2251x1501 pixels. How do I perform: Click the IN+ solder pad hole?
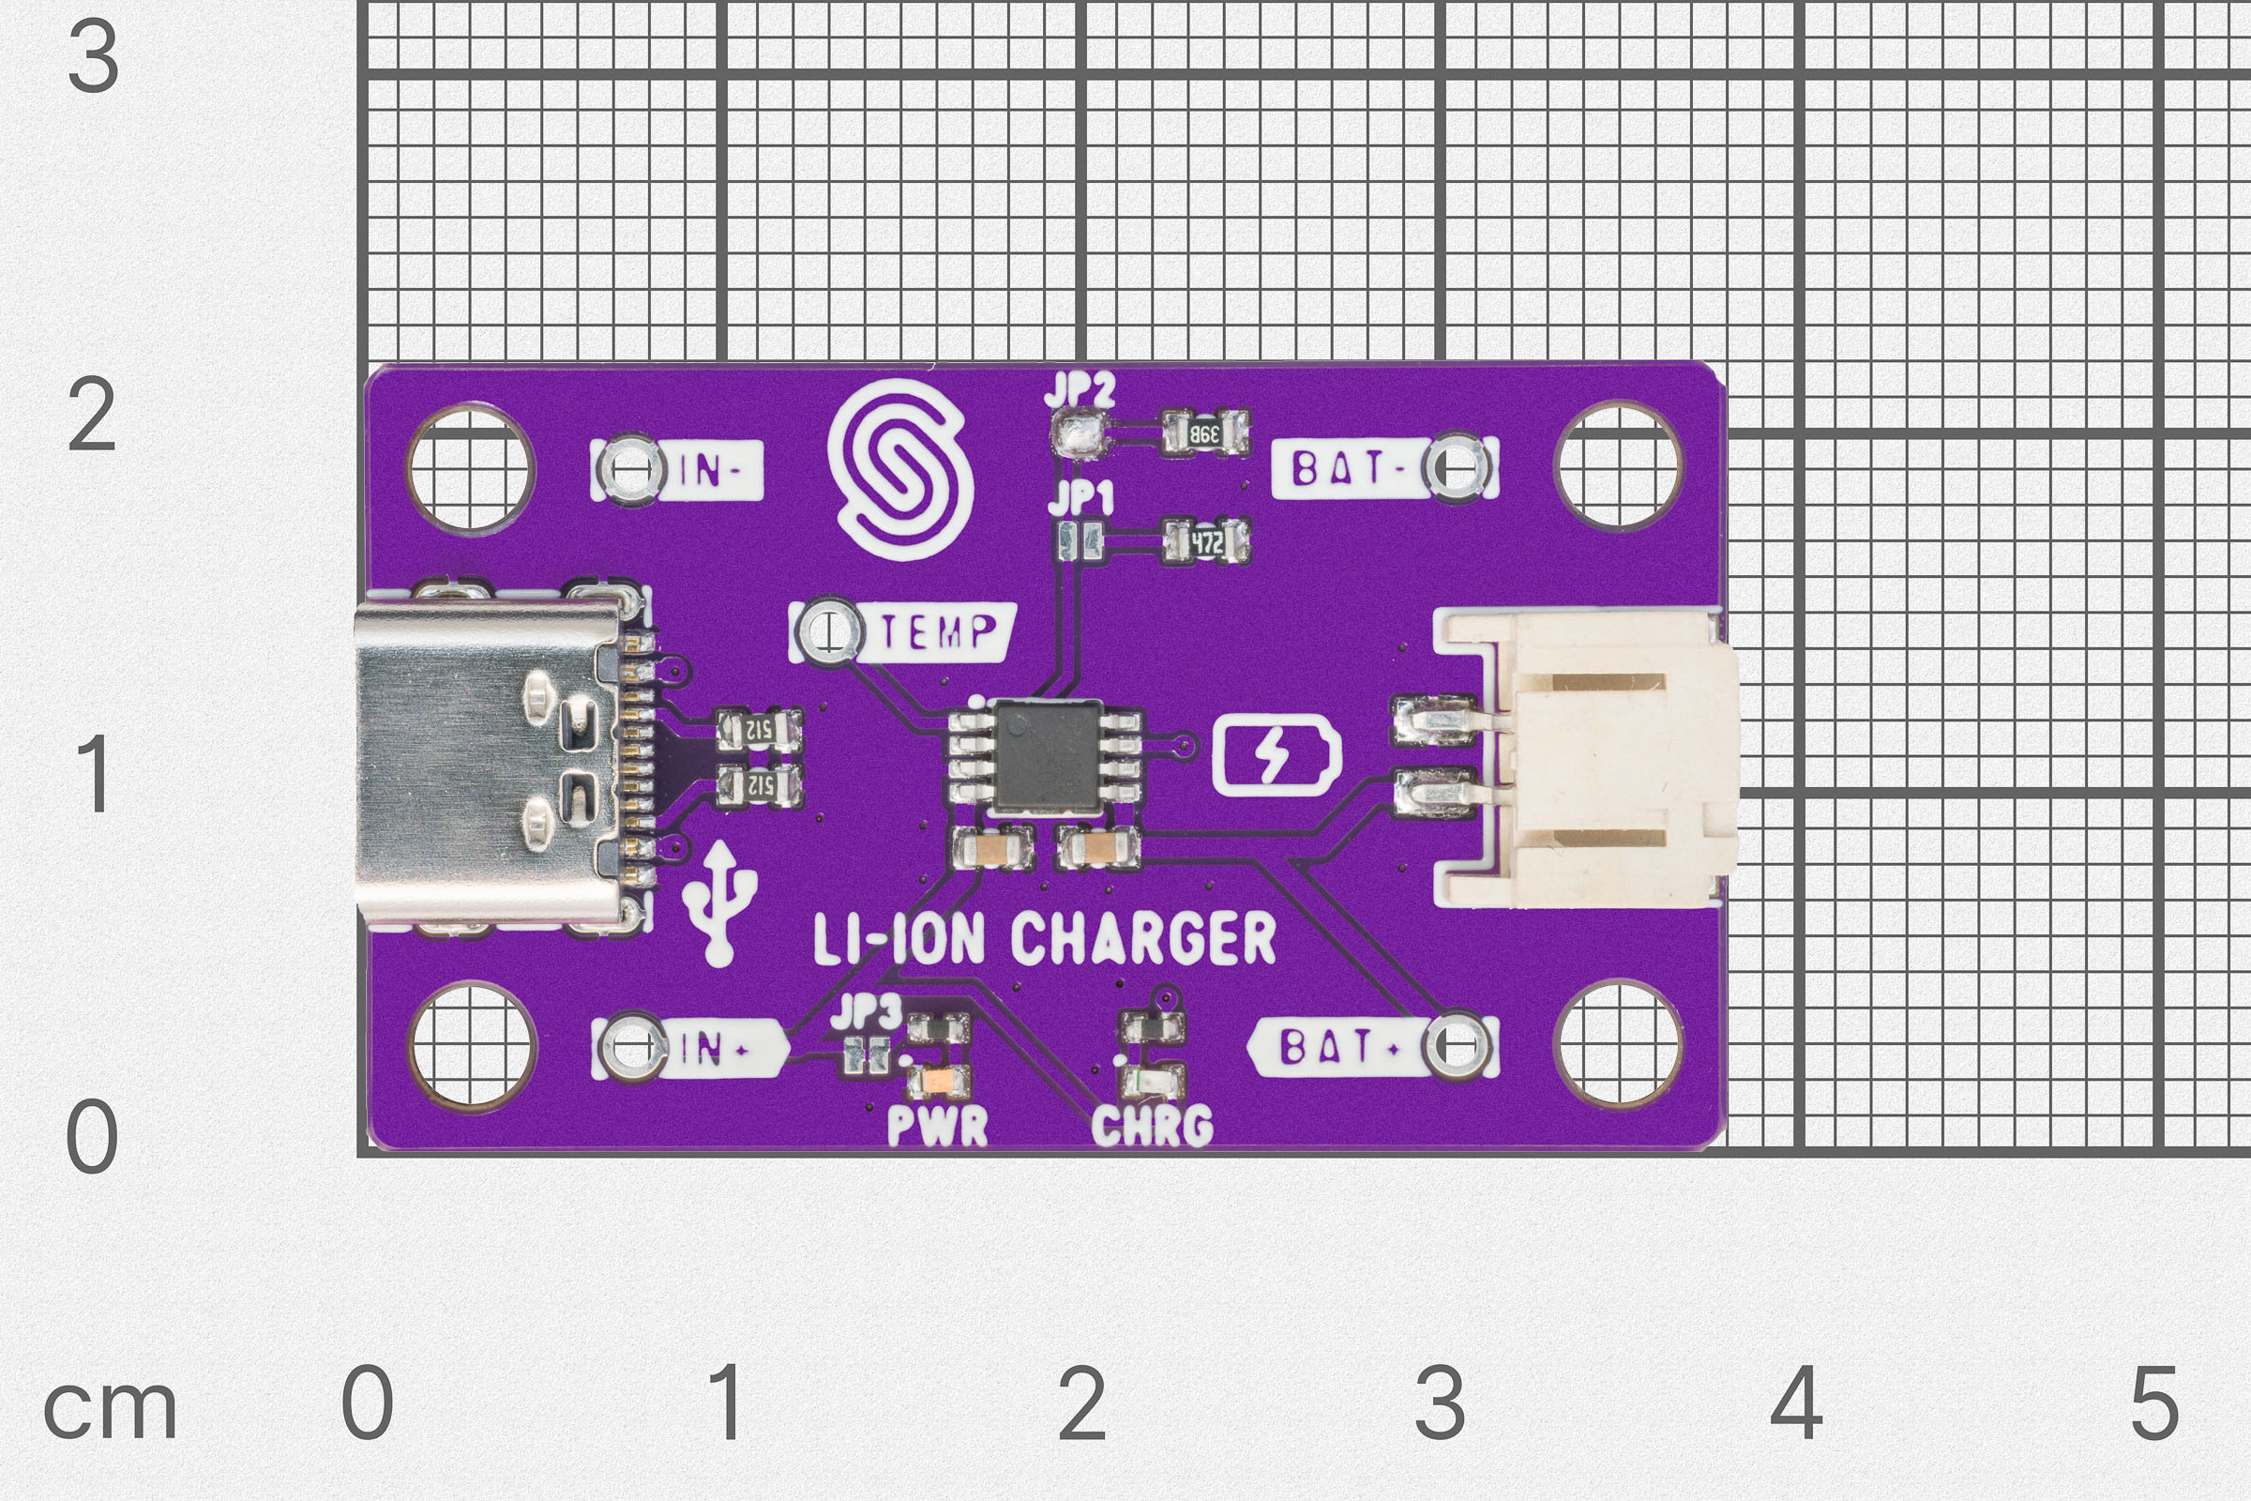tap(631, 1046)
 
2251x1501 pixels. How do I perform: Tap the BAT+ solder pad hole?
tap(1457, 1046)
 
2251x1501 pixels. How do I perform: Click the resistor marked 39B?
tap(1205, 433)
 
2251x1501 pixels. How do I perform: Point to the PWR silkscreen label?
tap(937, 1126)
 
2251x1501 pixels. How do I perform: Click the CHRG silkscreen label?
tap(1152, 1126)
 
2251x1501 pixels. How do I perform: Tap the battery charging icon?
tap(1276, 758)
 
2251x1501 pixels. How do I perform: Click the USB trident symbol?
tap(720, 900)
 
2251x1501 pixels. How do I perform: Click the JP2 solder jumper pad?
tap(1079, 432)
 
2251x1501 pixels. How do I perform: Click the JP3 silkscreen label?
tap(866, 1013)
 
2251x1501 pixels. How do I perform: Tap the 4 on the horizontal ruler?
tap(1796, 1403)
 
